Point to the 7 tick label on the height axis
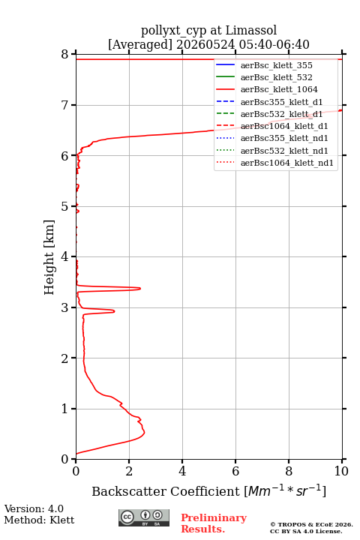pos(64,105)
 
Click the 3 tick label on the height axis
pos(64,307)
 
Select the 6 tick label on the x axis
pos(235,471)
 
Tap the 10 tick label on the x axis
pos(341,471)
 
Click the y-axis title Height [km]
pos(49,257)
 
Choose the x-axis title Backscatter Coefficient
pos(165,491)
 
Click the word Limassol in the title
pos(251,31)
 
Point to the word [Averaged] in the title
pos(140,45)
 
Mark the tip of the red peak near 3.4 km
pos(140,288)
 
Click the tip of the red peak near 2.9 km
pos(114,311)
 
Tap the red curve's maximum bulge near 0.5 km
pos(144,432)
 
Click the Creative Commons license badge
pos(144,517)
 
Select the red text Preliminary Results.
pos(214,523)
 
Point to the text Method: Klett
pos(39,520)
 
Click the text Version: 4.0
pos(34,508)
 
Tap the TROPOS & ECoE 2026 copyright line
pos(311,524)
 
